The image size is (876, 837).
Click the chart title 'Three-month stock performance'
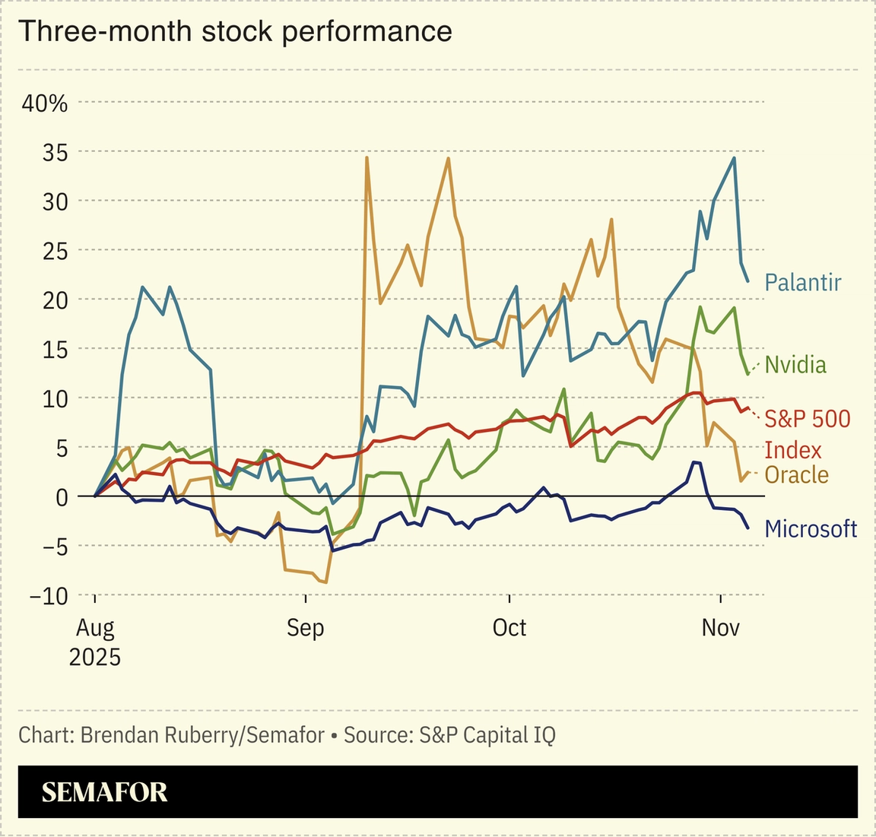click(235, 32)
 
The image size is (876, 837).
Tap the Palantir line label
click(802, 283)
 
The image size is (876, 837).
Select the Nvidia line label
click(795, 365)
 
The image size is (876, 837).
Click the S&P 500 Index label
click(807, 433)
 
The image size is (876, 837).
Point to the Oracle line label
click(796, 475)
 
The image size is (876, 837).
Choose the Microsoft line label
click(811, 529)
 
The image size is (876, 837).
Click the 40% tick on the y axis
click(45, 103)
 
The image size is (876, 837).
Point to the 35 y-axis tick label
click(54, 152)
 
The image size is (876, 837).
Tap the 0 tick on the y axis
click(60, 496)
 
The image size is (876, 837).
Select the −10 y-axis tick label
click(49, 595)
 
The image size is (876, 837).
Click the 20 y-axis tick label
click(54, 300)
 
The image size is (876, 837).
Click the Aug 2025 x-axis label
click(95, 642)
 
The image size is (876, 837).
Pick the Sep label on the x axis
click(305, 629)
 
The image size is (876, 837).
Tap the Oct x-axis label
click(509, 629)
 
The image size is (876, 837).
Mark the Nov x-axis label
click(720, 629)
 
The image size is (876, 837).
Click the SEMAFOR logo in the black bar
click(104, 792)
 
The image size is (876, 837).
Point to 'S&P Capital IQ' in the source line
click(487, 735)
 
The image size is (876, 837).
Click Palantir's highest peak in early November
click(734, 158)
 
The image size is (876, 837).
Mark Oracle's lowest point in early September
click(325, 582)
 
